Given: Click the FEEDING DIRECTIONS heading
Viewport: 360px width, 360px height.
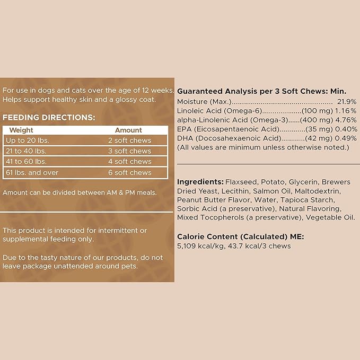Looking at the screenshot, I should [49, 117].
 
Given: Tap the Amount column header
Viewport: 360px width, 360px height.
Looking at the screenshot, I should [128, 130].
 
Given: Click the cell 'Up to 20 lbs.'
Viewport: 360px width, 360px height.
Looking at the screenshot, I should [28, 141].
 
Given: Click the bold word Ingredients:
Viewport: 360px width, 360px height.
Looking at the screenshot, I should [200, 182].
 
